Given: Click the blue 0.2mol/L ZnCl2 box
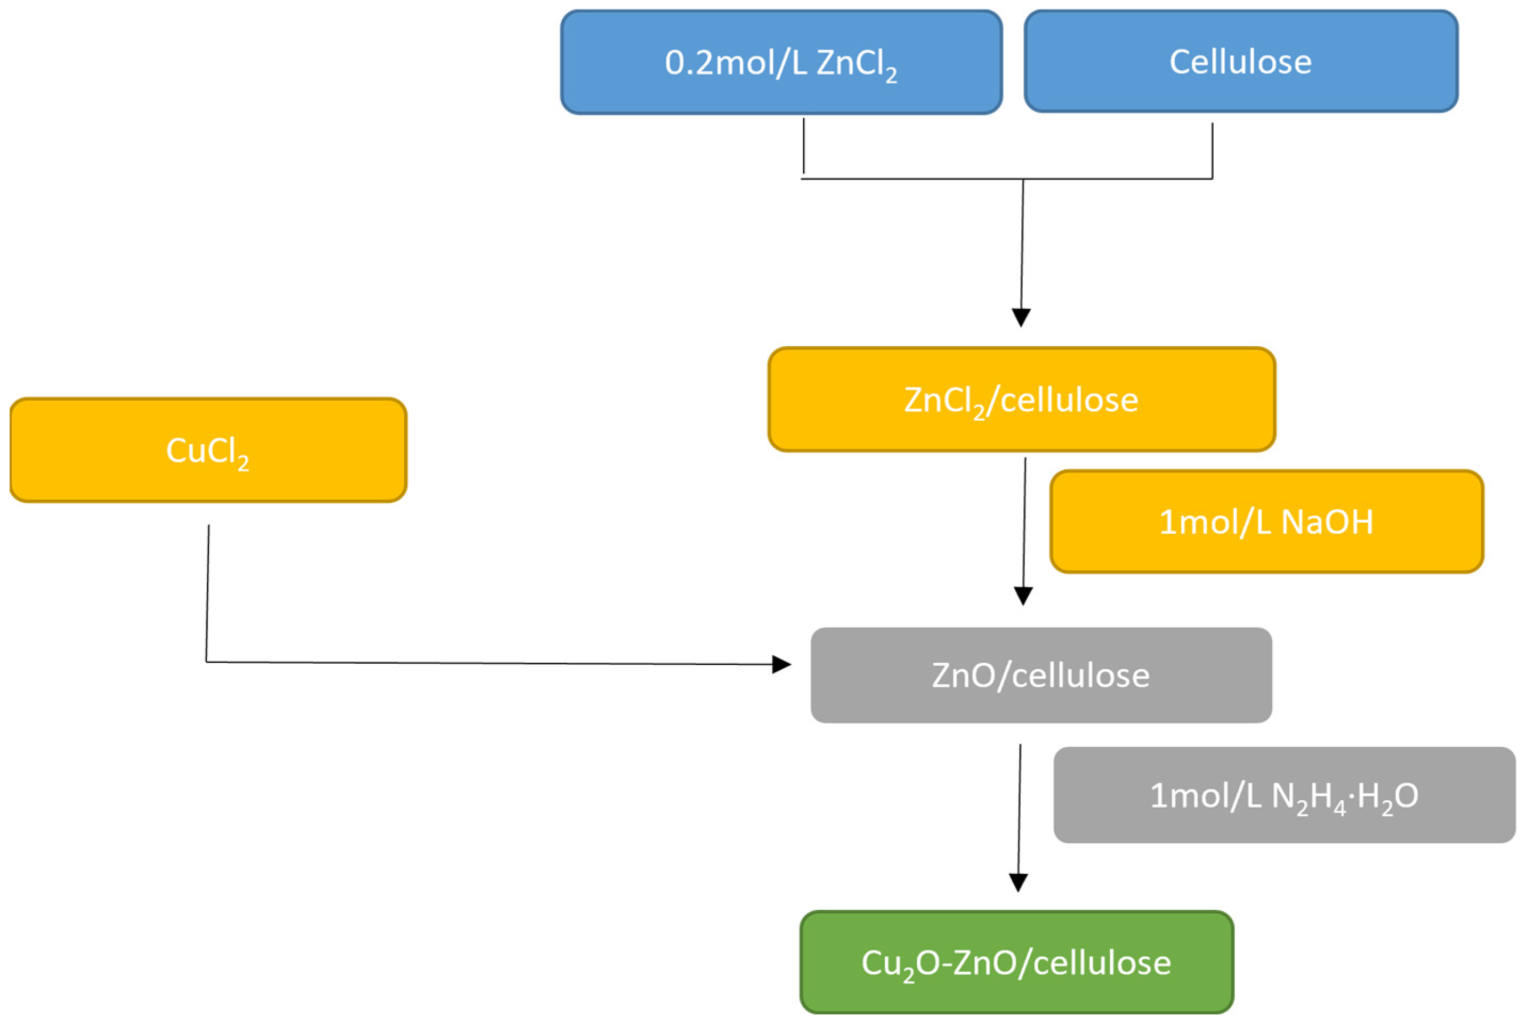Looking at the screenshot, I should pyautogui.click(x=781, y=62).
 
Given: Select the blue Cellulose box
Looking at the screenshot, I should pyautogui.click(x=1240, y=61).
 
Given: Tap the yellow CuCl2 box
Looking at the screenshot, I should pyautogui.click(x=208, y=450).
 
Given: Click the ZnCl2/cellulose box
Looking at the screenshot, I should pyautogui.click(x=1021, y=400).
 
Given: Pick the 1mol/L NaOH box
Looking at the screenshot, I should pyautogui.click(x=1266, y=522).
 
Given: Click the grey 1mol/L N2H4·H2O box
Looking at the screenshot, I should pyautogui.click(x=1284, y=795).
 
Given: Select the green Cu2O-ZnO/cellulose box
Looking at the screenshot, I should pyautogui.click(x=1016, y=962).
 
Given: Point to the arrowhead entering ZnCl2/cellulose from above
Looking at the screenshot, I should pyautogui.click(x=1021, y=317).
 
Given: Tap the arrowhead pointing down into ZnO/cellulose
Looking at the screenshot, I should pyautogui.click(x=1023, y=596).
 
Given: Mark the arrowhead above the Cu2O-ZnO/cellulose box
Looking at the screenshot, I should pyautogui.click(x=1019, y=883).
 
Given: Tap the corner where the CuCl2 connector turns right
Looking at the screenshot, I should pyautogui.click(x=207, y=662).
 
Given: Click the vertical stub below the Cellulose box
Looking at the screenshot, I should pyautogui.click(x=1212, y=150).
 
